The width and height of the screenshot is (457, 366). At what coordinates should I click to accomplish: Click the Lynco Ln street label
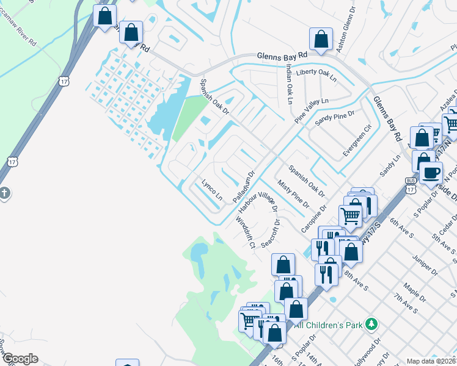[212, 190]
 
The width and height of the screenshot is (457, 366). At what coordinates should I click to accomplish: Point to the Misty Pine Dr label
[288, 193]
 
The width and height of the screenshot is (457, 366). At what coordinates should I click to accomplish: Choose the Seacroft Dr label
[272, 234]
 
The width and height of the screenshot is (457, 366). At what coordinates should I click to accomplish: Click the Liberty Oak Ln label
[316, 76]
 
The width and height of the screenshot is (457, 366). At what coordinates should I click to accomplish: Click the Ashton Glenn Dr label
[346, 34]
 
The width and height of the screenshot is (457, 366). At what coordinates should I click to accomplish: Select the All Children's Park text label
[329, 325]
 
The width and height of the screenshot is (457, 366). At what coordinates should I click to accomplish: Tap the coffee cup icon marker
[431, 173]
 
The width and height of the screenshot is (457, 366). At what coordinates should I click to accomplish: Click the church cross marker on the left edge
[4, 194]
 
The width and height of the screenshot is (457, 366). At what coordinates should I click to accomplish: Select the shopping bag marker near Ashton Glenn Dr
[321, 40]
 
